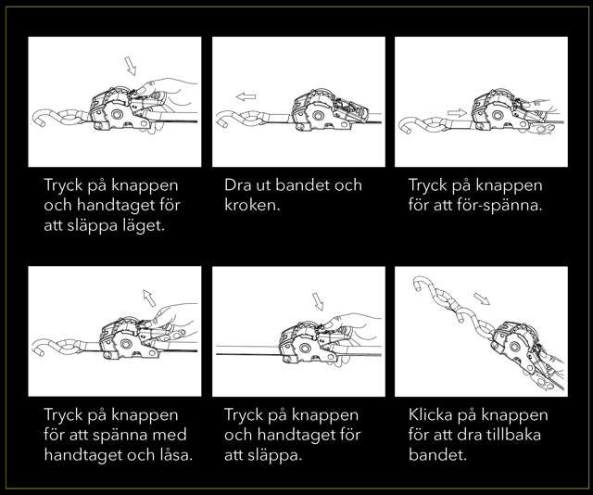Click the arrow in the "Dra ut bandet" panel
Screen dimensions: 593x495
(246, 97)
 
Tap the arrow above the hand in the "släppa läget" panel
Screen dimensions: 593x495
(131, 66)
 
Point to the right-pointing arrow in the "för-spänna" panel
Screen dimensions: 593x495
(457, 113)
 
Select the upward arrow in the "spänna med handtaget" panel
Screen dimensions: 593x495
(149, 298)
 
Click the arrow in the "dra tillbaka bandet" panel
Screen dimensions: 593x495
(482, 298)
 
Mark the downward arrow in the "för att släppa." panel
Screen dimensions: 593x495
(318, 301)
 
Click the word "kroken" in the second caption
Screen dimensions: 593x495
(250, 205)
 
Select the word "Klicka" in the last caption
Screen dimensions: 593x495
(430, 414)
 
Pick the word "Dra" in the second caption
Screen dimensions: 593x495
(236, 185)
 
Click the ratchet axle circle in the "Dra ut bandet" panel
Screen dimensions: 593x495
(318, 115)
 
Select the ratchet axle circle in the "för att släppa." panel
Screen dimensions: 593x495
(305, 348)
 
